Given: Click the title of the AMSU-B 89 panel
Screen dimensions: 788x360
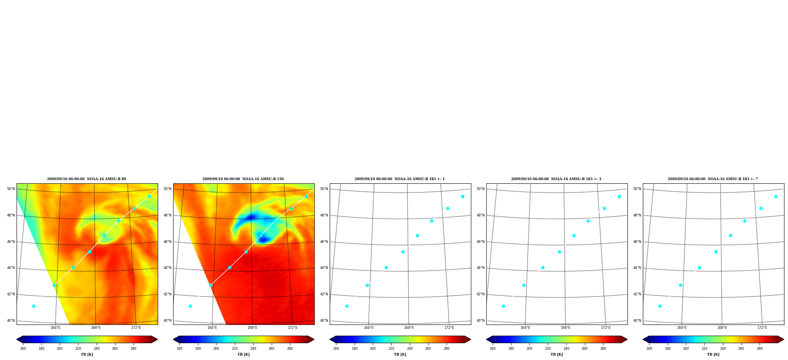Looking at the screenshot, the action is (87, 179).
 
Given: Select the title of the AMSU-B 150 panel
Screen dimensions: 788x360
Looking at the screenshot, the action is (243, 179).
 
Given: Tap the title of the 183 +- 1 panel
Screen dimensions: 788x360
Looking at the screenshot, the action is (400, 179).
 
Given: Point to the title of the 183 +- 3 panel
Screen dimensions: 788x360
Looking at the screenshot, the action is (556, 179).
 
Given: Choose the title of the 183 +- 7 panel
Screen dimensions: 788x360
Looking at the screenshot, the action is (713, 179).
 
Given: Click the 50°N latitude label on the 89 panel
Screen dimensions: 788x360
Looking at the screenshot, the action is (11, 189).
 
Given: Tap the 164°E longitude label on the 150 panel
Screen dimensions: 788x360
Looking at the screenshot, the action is (212, 328).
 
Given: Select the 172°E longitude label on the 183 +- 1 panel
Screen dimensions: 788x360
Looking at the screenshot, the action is (449, 328).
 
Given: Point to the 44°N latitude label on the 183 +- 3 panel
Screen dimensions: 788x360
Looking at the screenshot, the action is (480, 268).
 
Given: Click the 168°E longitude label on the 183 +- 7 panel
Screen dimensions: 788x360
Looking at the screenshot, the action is (722, 328).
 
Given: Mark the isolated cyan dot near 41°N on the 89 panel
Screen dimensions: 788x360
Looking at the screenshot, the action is (34, 306).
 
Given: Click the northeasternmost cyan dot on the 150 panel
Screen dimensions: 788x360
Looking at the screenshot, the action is (306, 196).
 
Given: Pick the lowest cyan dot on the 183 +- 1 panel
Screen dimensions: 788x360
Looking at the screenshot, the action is (347, 306).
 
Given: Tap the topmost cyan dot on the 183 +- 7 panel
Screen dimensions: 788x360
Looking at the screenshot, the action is (776, 196).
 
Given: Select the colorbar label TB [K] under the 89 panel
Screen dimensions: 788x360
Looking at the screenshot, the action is (87, 354).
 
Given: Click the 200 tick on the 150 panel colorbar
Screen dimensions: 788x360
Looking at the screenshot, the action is (216, 349).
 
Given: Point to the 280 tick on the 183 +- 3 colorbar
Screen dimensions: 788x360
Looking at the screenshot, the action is (603, 349).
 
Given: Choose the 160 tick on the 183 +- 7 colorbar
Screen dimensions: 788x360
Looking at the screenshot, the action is (649, 349).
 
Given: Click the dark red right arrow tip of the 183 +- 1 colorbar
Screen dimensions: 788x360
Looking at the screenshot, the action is (470, 339).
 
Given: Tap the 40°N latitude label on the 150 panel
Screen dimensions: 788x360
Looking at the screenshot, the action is (167, 321).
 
